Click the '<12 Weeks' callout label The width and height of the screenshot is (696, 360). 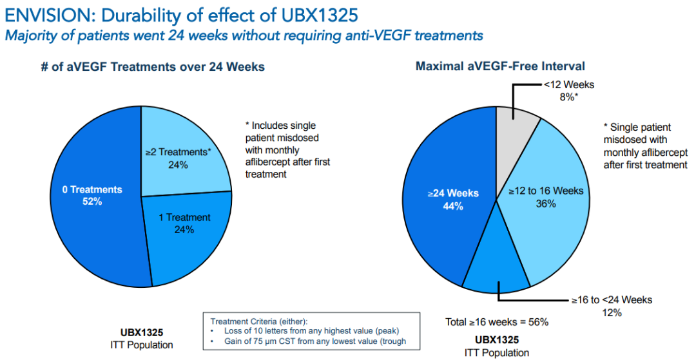(568, 85)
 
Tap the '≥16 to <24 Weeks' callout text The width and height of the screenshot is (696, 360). (611, 300)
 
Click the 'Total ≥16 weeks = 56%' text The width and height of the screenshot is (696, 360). (497, 321)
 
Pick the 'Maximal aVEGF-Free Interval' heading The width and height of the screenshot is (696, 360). (500, 66)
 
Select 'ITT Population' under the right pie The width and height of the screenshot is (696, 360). (497, 352)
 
